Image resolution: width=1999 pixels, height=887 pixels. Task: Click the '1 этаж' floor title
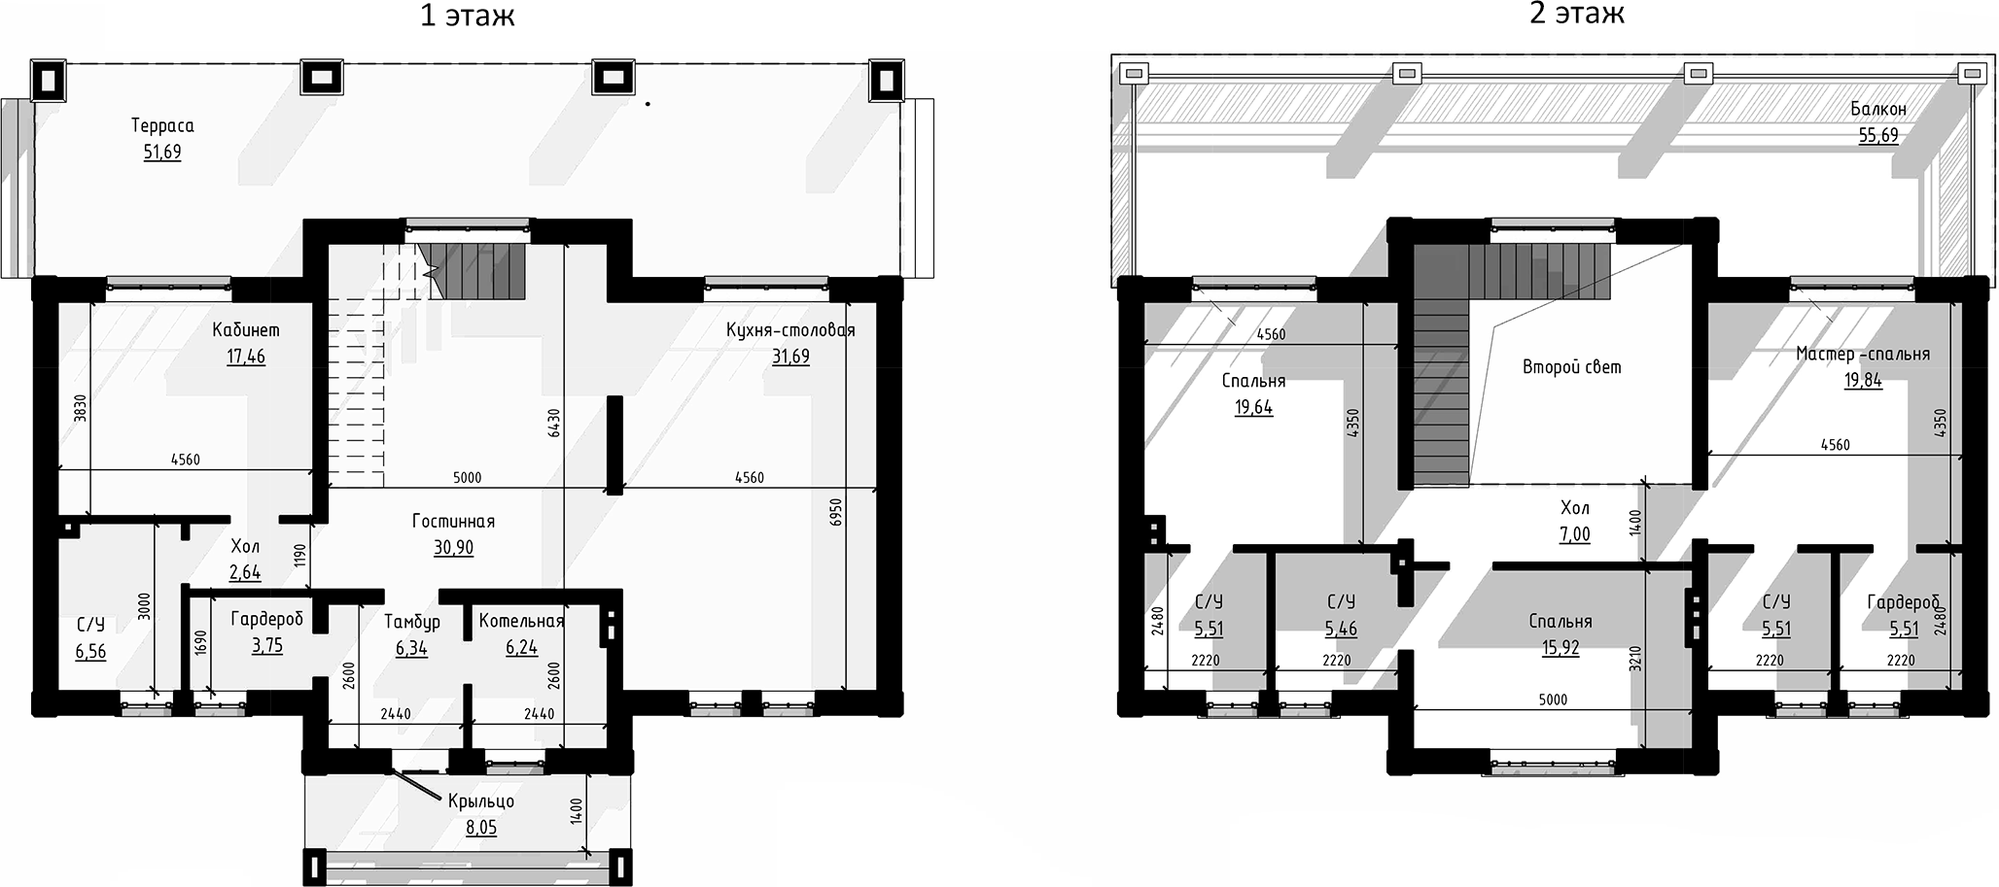click(x=467, y=16)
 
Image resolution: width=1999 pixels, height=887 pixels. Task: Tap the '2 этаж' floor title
click(x=1577, y=14)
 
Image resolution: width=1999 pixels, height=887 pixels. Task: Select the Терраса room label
click(x=162, y=125)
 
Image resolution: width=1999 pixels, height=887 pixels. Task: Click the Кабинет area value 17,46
click(x=246, y=357)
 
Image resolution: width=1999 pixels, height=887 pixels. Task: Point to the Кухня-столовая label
click(x=790, y=330)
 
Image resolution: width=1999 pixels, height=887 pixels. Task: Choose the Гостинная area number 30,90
click(x=453, y=548)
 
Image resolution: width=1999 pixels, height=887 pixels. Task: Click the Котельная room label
click(x=521, y=621)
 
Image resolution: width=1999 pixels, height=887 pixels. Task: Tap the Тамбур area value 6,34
click(x=411, y=648)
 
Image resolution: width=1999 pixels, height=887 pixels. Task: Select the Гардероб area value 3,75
click(x=266, y=646)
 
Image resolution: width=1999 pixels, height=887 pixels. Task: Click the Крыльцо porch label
click(x=480, y=802)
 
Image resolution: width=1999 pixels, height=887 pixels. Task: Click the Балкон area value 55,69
click(x=1877, y=136)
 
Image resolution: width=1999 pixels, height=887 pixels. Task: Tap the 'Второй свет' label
click(x=1571, y=367)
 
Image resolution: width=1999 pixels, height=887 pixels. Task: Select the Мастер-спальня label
click(x=1862, y=354)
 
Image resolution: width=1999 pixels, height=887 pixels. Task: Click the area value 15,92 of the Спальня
click(x=1560, y=648)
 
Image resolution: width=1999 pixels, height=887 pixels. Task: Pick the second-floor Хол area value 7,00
click(x=1574, y=534)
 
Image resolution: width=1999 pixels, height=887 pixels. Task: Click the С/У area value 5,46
click(x=1340, y=630)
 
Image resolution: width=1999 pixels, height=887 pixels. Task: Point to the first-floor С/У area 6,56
click(x=90, y=652)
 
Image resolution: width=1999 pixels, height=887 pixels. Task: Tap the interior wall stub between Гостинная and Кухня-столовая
click(x=614, y=445)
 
